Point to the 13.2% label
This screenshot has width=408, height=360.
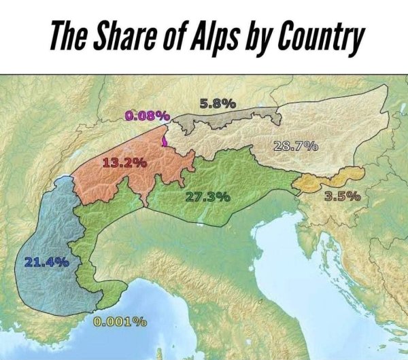[124, 162]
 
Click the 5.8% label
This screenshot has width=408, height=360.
[218, 104]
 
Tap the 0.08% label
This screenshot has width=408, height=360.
[147, 115]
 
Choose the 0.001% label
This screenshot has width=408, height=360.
[120, 321]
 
